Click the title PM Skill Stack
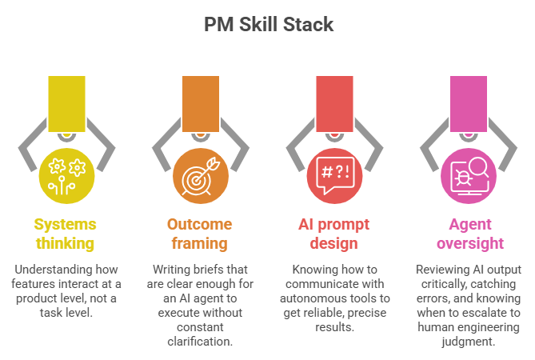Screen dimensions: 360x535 [267, 24]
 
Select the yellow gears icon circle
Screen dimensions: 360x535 [67, 174]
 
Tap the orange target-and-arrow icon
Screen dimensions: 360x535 [201, 174]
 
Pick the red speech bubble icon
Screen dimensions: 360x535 [335, 174]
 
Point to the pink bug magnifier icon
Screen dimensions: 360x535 [468, 174]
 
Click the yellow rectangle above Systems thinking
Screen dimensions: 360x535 [67, 102]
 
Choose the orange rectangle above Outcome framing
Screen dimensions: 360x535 [201, 102]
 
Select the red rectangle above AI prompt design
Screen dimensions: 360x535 [335, 102]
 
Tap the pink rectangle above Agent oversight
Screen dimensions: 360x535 [468, 102]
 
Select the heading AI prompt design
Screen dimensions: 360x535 [335, 233]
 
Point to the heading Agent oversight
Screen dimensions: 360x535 [468, 233]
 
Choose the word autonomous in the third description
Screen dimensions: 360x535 [317, 298]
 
